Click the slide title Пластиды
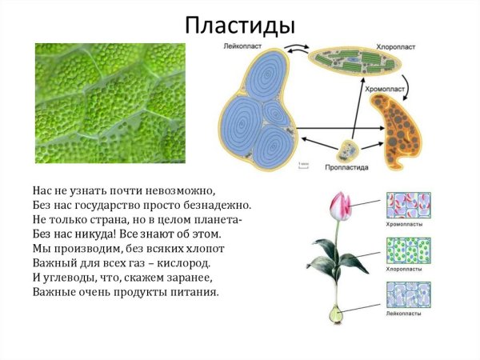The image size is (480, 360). pyautogui.click(x=240, y=23)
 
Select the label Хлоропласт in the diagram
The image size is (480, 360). pyautogui.click(x=372, y=47)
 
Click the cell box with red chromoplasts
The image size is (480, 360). pyautogui.click(x=408, y=205)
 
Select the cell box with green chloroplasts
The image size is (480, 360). pyautogui.click(x=408, y=250)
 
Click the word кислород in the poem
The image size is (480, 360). pyautogui.click(x=185, y=263)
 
